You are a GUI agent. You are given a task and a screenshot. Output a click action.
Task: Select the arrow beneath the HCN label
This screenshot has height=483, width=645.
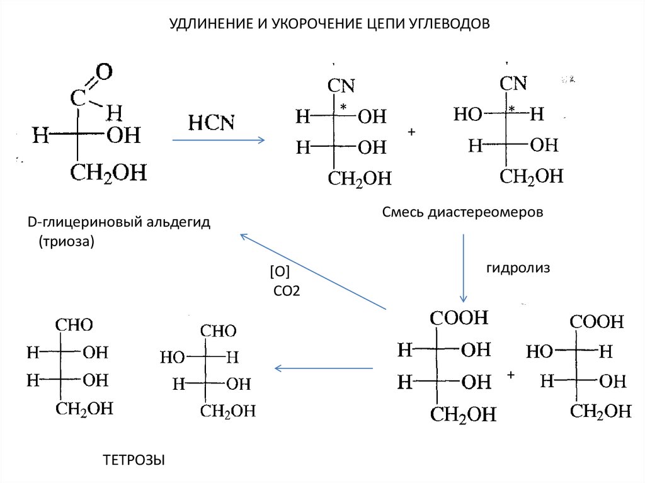[219, 140]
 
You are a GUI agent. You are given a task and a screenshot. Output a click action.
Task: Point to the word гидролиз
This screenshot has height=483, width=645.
[518, 268]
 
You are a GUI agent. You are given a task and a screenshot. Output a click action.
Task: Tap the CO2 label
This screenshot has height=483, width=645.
[287, 291]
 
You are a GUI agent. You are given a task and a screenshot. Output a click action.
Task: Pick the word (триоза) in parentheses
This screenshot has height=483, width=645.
[65, 241]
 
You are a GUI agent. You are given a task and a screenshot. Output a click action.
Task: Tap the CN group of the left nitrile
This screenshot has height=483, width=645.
[341, 86]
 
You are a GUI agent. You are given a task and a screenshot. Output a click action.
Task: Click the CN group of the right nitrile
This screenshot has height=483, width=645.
[514, 83]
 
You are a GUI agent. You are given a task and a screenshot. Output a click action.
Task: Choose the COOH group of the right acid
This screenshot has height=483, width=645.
[597, 321]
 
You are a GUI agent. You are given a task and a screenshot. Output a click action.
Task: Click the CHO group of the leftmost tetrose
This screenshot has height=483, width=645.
[74, 325]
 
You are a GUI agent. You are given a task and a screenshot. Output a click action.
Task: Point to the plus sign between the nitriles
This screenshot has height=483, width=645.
[412, 132]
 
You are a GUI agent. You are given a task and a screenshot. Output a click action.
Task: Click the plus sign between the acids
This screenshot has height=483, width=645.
[511, 375]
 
